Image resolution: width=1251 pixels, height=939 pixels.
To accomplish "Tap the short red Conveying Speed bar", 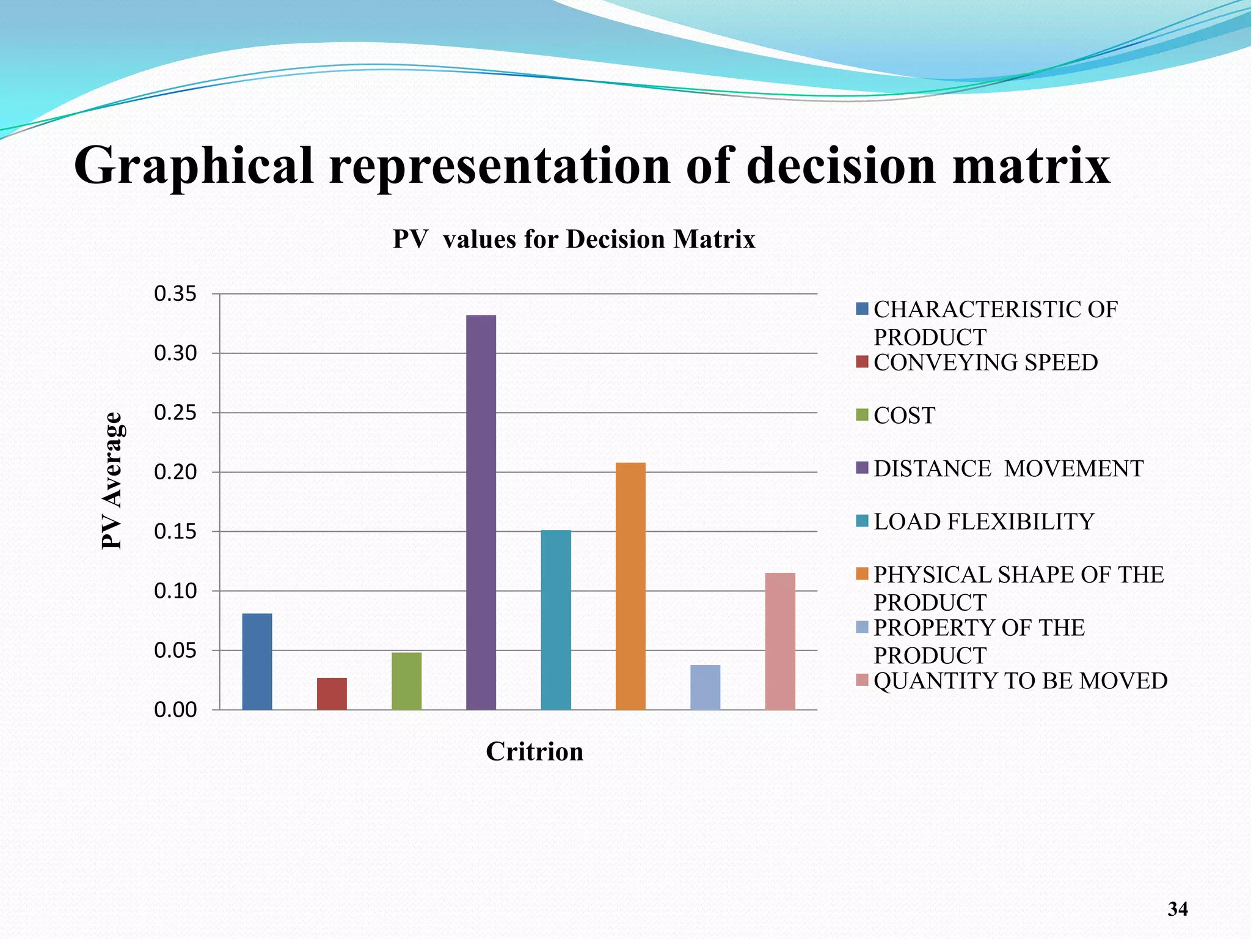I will click(332, 694).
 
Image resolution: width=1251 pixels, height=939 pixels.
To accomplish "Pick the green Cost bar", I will click(406, 681).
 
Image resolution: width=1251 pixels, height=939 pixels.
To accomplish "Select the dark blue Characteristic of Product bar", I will click(257, 661).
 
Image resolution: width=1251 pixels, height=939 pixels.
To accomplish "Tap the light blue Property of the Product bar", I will click(705, 687).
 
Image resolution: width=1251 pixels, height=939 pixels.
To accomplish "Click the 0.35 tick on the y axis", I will click(175, 294).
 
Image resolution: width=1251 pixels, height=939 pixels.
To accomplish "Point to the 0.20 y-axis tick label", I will click(175, 472).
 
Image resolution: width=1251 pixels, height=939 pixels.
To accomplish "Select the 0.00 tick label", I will click(175, 710).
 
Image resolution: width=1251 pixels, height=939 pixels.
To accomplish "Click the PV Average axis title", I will click(112, 481).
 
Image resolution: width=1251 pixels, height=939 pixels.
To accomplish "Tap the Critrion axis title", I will click(534, 751).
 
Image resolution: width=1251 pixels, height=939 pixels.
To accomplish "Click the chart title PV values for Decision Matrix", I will click(574, 239).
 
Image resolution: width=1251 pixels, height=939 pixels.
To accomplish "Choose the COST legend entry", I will click(904, 416).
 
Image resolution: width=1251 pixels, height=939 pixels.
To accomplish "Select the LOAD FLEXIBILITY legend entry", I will click(983, 521).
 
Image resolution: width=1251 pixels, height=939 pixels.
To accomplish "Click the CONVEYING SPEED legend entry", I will click(985, 363).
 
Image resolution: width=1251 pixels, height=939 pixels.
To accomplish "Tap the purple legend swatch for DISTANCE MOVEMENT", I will click(863, 468).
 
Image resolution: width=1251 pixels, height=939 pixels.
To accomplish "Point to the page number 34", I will click(1177, 909).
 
